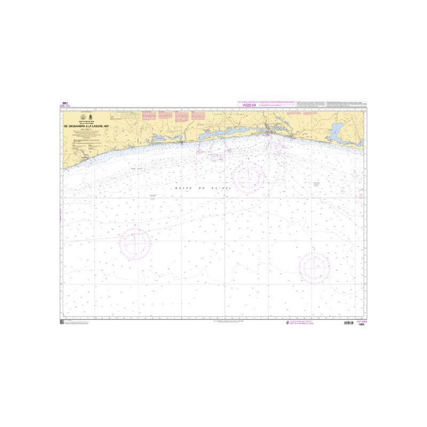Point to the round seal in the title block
coord(82,117)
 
